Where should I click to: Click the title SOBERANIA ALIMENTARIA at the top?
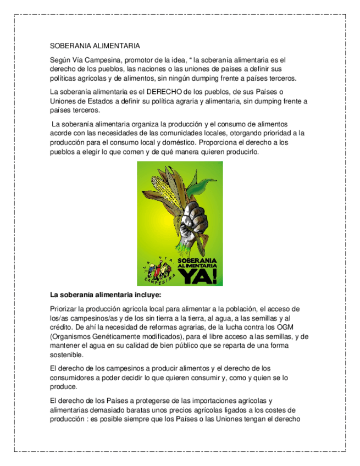coord(95,46)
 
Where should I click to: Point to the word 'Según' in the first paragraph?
coord(60,60)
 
